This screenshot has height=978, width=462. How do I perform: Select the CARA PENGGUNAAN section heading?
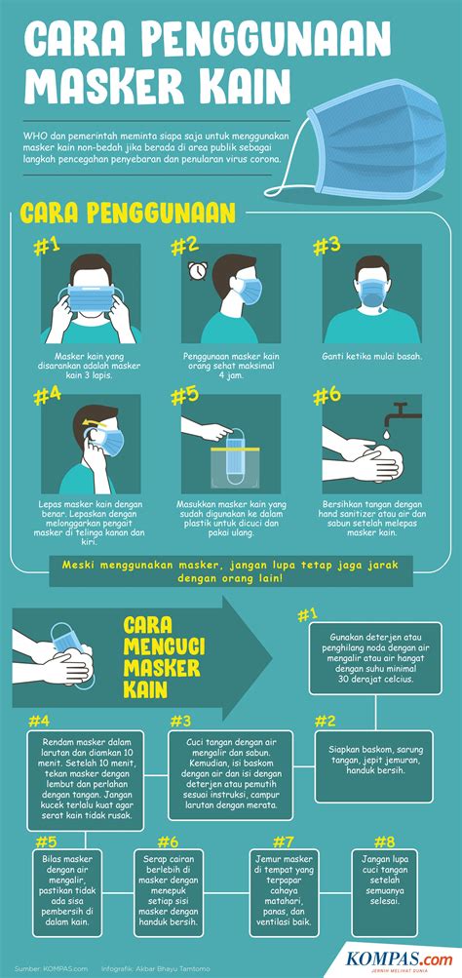tap(127, 212)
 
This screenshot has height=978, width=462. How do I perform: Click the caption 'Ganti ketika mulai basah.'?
tap(371, 356)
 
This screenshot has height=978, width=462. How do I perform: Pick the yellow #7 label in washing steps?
tap(283, 841)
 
